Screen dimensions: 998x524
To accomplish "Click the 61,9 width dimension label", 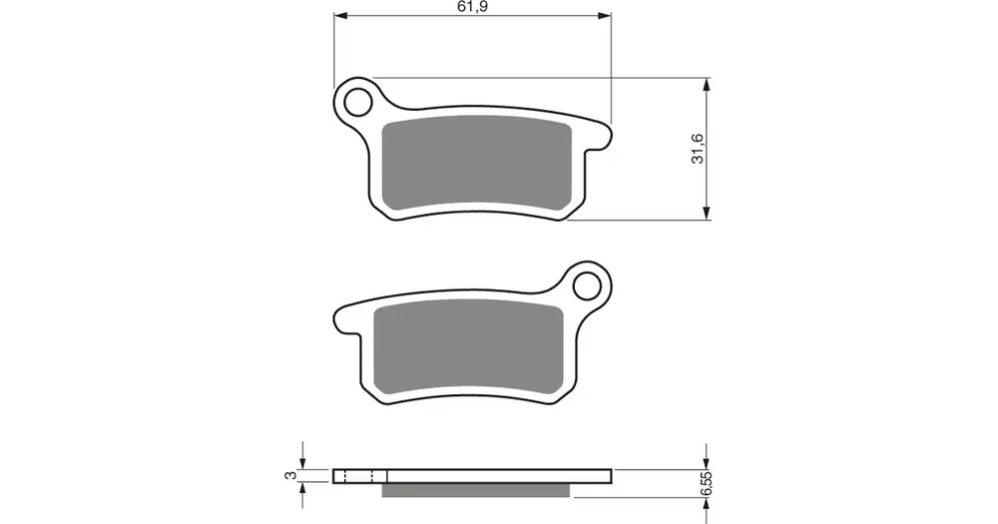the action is click(472, 7).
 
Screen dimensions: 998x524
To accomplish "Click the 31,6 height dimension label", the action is click(699, 149).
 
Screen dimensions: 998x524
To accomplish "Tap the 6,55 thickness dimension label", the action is click(708, 484).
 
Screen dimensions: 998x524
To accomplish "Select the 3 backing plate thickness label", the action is click(291, 475).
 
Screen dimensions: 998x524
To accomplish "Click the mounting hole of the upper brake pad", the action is click(356, 103).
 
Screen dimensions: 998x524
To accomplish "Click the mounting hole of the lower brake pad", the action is click(586, 285).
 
